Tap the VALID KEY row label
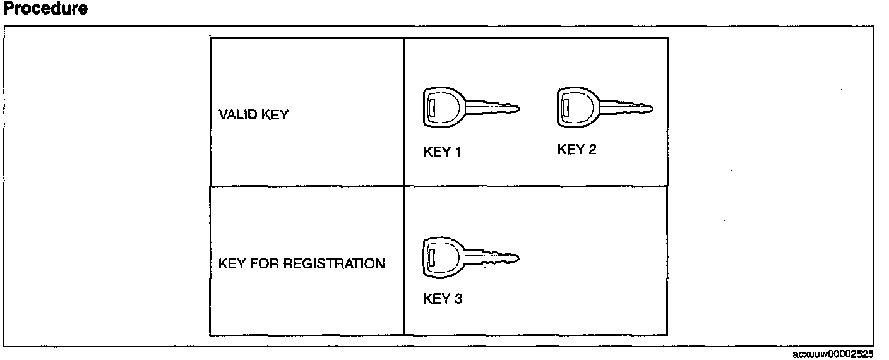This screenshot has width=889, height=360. coord(253,115)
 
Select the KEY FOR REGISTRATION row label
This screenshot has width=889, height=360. coord(302,263)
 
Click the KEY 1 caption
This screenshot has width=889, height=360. coord(443,152)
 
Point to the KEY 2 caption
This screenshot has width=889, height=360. coord(577,150)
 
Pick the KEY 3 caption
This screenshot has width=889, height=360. coord(443,299)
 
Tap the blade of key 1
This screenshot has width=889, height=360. coord(493,107)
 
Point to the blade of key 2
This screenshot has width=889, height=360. coord(627,107)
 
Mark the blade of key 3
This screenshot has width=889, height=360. coord(493,258)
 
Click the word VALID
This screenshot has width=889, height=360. coord(235,115)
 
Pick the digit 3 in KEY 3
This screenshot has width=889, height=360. coord(458,299)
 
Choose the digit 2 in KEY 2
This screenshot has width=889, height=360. coord(592,150)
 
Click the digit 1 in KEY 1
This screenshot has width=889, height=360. coord(458,152)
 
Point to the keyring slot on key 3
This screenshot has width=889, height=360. coord(431,258)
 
